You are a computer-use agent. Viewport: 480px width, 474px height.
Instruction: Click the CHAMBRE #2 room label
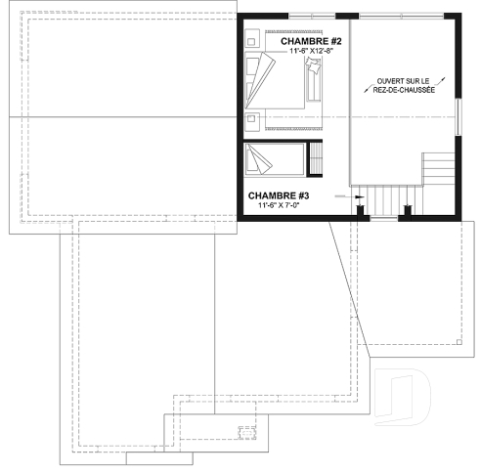(310, 42)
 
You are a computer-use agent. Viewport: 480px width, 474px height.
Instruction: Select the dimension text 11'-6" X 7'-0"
(283, 206)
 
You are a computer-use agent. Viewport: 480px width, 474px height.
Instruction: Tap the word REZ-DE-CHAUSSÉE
(405, 91)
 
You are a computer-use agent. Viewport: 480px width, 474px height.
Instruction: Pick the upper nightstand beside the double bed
(252, 42)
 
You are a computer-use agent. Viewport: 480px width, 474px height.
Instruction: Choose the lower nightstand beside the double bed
(252, 120)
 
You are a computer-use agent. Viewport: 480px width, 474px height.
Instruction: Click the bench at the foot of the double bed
(315, 81)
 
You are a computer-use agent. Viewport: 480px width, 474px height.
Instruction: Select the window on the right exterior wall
(459, 116)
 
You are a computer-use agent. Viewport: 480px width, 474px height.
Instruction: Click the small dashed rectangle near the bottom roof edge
(246, 430)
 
